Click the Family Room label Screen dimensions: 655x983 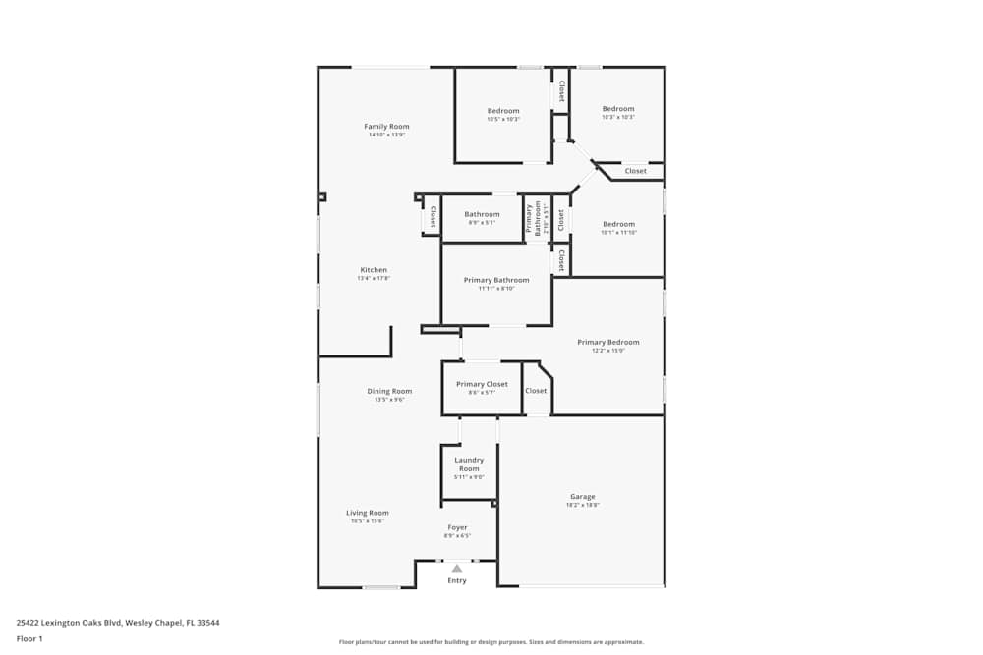click(386, 127)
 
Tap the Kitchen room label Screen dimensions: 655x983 click(374, 270)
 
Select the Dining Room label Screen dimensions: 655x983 click(389, 391)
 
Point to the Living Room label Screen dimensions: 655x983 click(367, 513)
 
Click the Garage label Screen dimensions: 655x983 click(582, 497)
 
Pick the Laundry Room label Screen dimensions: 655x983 click(469, 464)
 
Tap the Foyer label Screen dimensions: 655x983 click(457, 528)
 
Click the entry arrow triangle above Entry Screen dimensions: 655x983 click(457, 568)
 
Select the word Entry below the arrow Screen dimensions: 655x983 click(457, 580)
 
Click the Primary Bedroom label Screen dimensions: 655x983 click(607, 343)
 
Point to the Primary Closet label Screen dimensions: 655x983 click(482, 384)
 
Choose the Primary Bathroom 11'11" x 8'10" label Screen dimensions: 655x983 click(496, 280)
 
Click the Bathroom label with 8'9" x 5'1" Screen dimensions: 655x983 click(482, 214)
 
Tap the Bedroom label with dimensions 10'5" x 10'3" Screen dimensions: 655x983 click(503, 111)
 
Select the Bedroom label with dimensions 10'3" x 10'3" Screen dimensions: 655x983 click(618, 109)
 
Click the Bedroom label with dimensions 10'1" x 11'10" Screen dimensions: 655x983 click(618, 224)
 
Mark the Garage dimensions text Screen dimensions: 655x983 click(582, 505)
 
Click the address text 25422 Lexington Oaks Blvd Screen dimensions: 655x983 click(118, 622)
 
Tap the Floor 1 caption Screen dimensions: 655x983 click(29, 638)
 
